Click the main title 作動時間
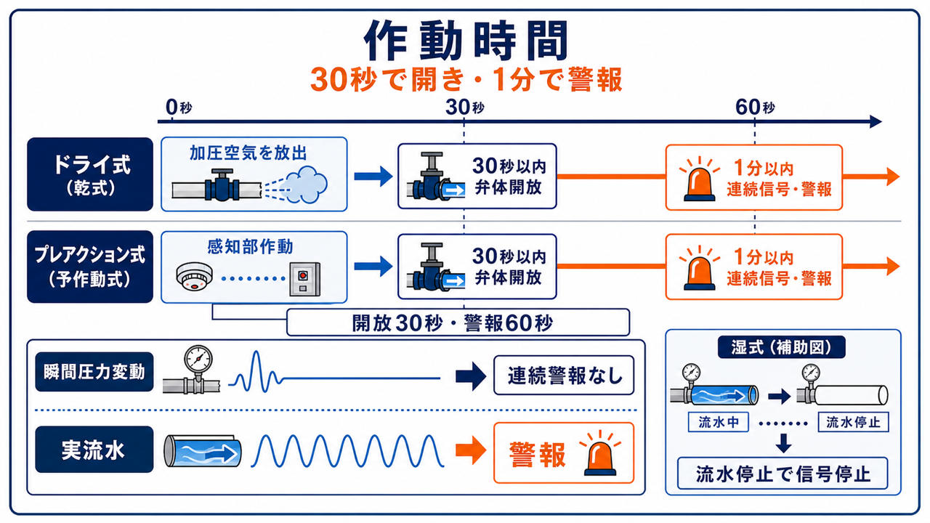pos(466,41)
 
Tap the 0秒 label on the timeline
pos(179,108)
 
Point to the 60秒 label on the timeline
pos(755,108)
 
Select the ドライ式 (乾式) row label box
pos(90,174)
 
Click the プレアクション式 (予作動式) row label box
pos(90,267)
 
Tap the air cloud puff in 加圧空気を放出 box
pos(307,185)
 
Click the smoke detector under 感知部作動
pos(194,275)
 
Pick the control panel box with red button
pos(304,279)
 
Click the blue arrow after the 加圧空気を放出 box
pos(373,177)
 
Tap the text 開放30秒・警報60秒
pos(453,323)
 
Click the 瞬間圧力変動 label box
pos(94,372)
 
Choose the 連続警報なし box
pos(564,376)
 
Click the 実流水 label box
pos(94,450)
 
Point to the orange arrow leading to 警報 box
pos(471,450)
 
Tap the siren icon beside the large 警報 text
pos(600,454)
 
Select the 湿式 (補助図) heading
pos(781,347)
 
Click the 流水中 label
pos(719,422)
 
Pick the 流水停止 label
pos(853,422)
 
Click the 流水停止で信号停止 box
pos(783,474)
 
